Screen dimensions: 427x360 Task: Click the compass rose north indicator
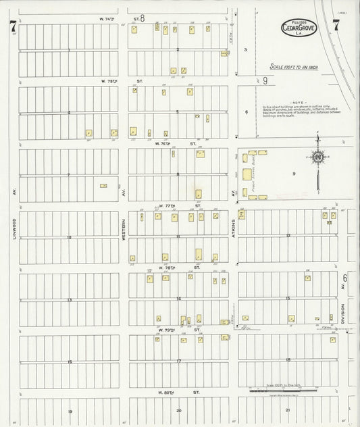[317, 157]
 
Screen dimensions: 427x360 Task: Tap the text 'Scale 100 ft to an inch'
[297, 67]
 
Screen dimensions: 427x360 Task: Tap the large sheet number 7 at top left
[13, 27]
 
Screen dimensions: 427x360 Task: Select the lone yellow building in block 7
[103, 185]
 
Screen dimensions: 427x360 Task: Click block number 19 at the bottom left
[69, 411]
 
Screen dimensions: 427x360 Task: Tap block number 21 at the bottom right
[288, 410]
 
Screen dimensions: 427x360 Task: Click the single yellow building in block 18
[332, 340]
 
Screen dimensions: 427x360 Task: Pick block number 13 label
[69, 299]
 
